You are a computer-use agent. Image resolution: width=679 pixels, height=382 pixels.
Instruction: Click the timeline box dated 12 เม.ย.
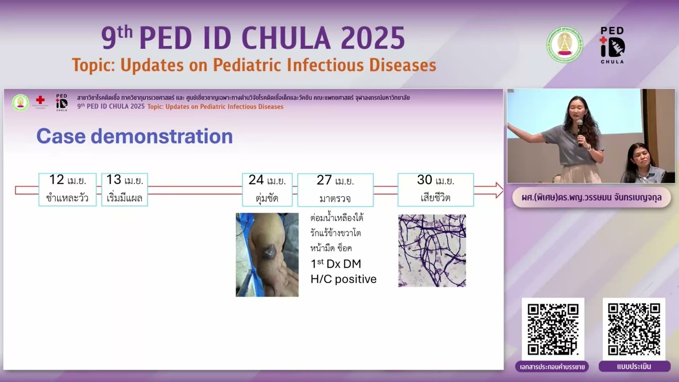click(x=67, y=189)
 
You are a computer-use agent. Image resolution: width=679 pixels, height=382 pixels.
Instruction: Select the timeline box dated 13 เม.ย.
click(x=125, y=189)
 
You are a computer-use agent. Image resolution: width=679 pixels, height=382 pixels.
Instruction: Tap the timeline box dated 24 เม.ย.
click(x=267, y=189)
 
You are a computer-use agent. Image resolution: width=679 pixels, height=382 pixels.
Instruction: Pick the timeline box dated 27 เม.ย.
click(x=335, y=189)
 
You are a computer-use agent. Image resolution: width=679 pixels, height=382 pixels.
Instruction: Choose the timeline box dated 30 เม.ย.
click(x=436, y=189)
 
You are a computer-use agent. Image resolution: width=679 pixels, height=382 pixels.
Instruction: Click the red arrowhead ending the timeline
click(x=498, y=190)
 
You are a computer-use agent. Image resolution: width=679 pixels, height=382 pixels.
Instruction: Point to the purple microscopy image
click(x=432, y=250)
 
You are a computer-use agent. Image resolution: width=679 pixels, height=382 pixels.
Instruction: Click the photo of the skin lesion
click(x=267, y=255)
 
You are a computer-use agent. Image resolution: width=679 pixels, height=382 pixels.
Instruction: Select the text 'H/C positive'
click(x=343, y=279)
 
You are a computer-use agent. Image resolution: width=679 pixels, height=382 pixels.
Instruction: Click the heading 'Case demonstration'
click(x=134, y=136)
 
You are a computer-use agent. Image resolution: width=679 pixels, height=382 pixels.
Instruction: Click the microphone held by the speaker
click(x=580, y=127)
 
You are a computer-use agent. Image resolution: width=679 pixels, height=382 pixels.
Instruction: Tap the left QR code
click(x=553, y=329)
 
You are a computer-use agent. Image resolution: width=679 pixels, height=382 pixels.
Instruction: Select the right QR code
click(x=634, y=329)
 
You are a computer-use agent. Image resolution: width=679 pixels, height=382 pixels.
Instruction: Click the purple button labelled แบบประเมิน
click(x=634, y=367)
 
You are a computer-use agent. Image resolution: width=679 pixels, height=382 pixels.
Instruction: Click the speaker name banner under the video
click(x=591, y=197)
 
